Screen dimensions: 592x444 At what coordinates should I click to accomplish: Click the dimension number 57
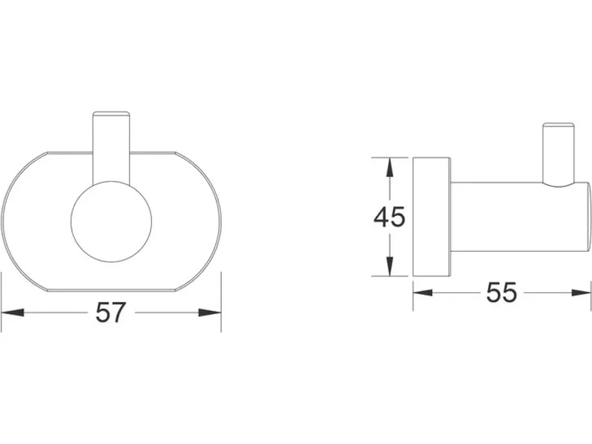[110, 312]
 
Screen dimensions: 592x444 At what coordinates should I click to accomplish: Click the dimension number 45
[389, 217]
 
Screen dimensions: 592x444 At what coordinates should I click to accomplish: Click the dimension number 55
[502, 292]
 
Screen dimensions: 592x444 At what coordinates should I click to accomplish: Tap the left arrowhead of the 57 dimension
[13, 312]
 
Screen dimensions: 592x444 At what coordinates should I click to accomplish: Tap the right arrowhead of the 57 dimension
[210, 312]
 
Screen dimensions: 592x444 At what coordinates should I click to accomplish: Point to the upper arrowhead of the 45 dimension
[390, 168]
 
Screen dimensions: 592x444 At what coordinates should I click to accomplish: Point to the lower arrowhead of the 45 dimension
[390, 265]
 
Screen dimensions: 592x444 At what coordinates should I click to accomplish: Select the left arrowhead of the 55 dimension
[423, 292]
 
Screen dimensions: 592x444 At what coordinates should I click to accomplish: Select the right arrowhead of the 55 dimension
[581, 292]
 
